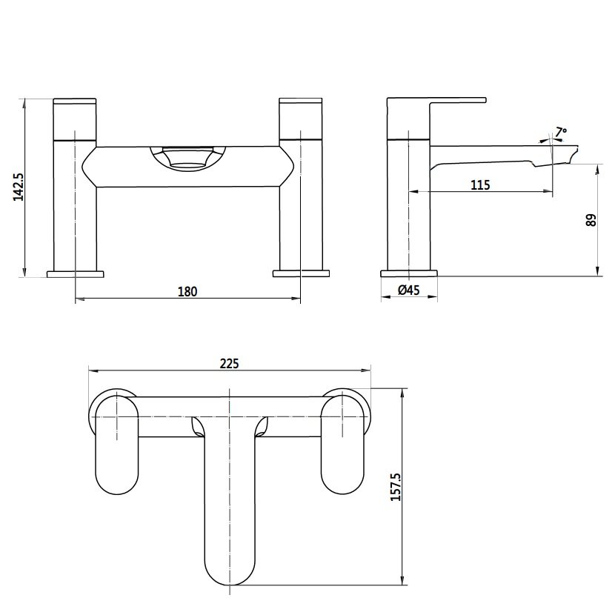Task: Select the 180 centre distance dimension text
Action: tap(187, 292)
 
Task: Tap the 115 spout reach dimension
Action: tap(480, 184)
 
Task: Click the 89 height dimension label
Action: tap(591, 220)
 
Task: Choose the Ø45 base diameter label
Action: tap(408, 291)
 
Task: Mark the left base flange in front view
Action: tap(76, 273)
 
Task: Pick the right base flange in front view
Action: tap(301, 273)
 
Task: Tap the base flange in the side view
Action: tap(409, 273)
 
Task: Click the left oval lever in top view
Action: tap(118, 445)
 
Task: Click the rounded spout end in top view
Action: tap(229, 567)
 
